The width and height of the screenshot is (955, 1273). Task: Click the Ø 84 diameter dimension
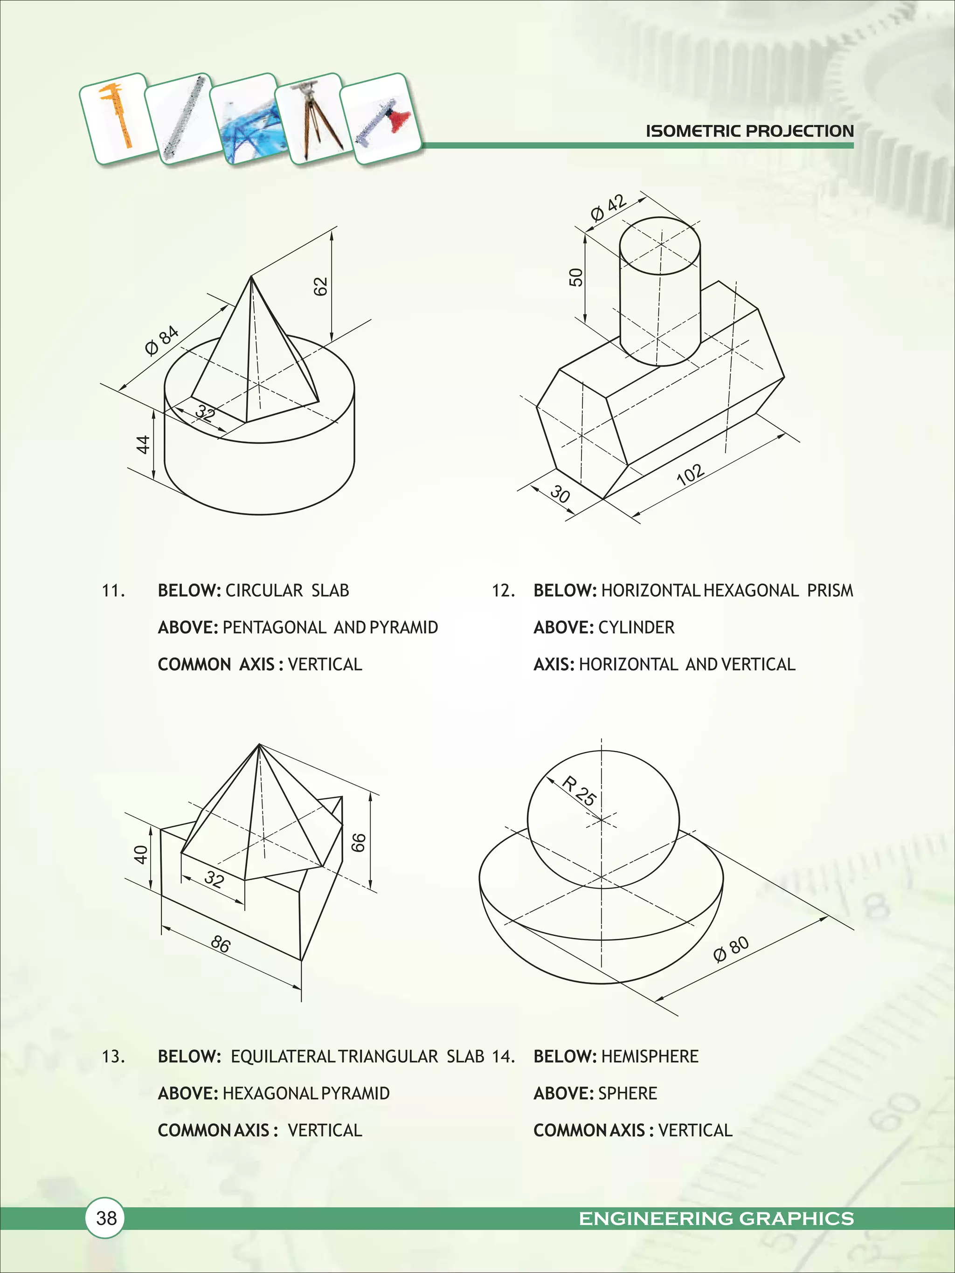point(162,341)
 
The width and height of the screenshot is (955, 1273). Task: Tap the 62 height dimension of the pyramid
point(321,286)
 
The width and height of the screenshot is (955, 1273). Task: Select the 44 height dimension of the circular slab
point(142,444)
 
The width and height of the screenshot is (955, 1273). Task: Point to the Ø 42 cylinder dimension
point(608,208)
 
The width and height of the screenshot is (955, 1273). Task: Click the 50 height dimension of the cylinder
point(575,277)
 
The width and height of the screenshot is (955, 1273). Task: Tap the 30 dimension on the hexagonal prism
point(560,493)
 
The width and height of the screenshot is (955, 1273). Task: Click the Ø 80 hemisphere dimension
point(731,949)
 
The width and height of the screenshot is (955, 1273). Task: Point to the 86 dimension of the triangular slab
point(221,944)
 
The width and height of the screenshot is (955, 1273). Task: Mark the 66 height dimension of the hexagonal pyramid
point(358,842)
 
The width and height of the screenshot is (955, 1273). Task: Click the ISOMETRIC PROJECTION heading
point(749,131)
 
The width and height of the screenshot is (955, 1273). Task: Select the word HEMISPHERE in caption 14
point(649,1057)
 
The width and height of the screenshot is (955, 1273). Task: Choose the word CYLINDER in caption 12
point(636,627)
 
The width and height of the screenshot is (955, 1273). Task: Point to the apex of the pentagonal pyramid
point(251,277)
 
